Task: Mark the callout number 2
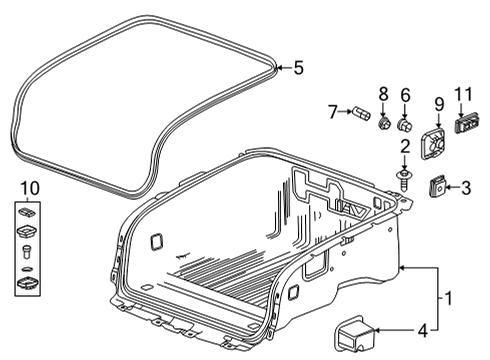406,147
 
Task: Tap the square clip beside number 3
437,185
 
